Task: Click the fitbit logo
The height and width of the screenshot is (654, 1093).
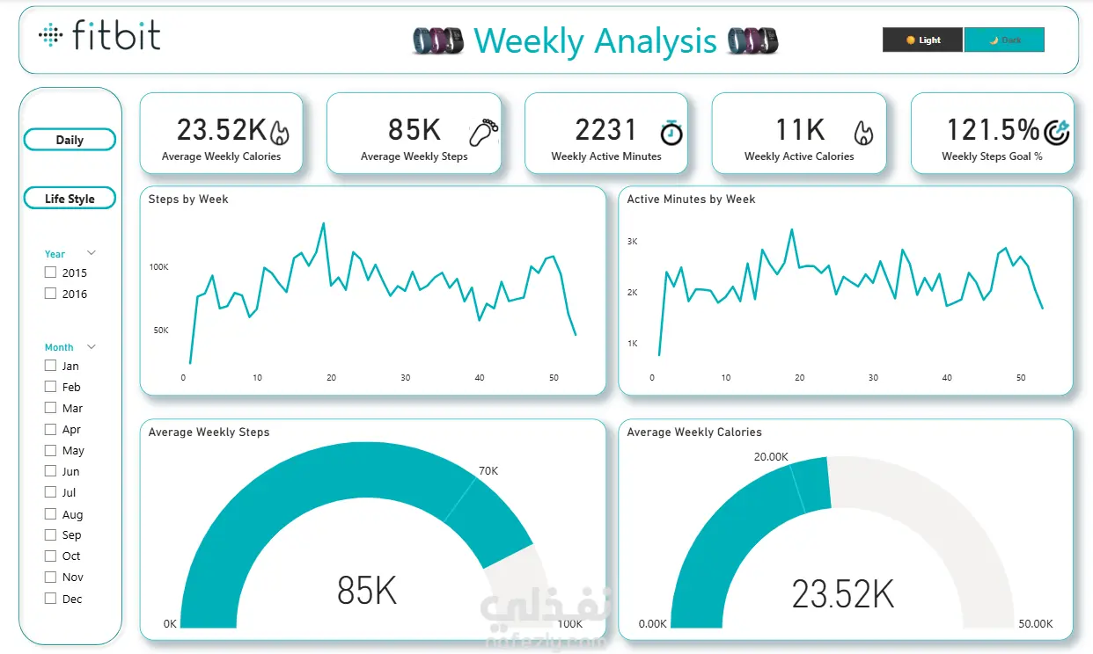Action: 99,36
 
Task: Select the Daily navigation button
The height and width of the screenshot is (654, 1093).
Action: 70,140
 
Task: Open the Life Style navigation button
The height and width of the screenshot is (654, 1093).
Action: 70,199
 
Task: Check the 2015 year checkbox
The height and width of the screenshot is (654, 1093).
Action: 51,272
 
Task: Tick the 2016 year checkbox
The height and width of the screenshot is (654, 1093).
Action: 51,294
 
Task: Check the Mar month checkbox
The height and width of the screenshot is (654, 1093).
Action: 51,408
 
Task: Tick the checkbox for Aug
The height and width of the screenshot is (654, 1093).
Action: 51,514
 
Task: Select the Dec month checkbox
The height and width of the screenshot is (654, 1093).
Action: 51,599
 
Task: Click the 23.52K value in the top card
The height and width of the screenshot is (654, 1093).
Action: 221,130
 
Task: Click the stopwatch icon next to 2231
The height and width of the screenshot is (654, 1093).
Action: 671,132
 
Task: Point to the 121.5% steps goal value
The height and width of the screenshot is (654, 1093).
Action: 993,130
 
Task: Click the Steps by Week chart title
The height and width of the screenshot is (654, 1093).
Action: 188,200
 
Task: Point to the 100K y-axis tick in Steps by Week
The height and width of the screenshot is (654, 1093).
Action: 159,267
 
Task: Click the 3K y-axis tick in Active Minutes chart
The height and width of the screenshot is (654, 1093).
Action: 632,241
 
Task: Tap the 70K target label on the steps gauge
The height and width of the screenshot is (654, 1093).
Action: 488,471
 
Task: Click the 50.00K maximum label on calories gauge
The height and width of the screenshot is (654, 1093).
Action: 1035,624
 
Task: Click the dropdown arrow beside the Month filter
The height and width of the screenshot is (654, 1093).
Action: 92,347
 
